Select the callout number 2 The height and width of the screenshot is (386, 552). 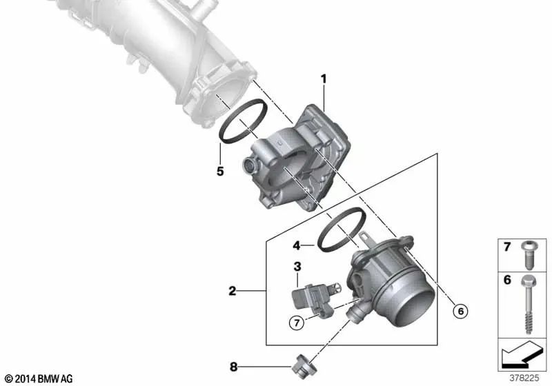coord(233,292)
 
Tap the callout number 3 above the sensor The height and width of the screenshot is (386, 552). coord(297,267)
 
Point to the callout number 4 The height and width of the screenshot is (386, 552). coord(296,245)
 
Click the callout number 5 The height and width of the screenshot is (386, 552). coord(220,171)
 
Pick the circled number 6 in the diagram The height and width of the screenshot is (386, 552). coord(460,311)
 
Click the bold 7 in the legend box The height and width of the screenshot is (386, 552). coord(507,247)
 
